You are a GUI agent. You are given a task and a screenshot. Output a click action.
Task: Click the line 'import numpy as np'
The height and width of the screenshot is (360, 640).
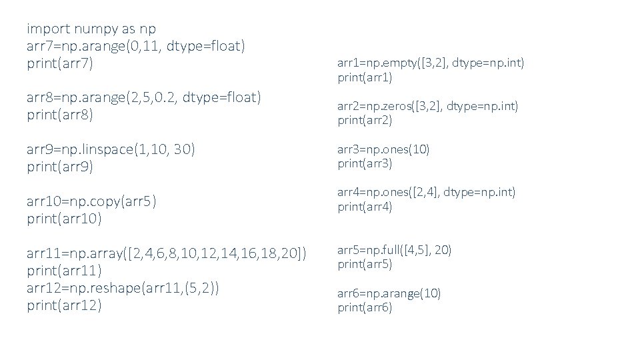pyautogui.click(x=91, y=29)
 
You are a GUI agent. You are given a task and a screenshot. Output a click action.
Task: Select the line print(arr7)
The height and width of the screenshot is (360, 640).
pyautogui.click(x=60, y=64)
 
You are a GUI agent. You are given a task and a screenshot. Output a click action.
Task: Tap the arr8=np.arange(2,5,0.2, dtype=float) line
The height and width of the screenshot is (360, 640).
pyautogui.click(x=143, y=98)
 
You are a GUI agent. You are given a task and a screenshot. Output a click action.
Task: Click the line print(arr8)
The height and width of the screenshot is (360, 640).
pyautogui.click(x=60, y=115)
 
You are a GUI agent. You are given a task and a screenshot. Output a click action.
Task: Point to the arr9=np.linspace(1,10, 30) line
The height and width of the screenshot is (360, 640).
pyautogui.click(x=111, y=149)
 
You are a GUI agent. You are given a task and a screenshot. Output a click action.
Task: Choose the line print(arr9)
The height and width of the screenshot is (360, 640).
pyautogui.click(x=60, y=167)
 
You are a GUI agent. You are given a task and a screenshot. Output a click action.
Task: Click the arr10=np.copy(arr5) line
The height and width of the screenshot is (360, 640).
pyautogui.click(x=91, y=201)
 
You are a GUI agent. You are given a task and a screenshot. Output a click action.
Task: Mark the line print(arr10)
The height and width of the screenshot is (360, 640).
pyautogui.click(x=63, y=219)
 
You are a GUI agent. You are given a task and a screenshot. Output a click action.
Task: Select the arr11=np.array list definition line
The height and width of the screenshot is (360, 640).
pyautogui.click(x=167, y=253)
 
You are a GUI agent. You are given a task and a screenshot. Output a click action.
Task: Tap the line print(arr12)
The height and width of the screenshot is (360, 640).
pyautogui.click(x=64, y=305)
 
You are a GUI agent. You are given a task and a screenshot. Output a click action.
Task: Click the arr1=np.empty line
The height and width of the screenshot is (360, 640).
pyautogui.click(x=431, y=63)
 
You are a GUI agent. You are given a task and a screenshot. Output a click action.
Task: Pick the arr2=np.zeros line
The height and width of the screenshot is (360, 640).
pyautogui.click(x=427, y=106)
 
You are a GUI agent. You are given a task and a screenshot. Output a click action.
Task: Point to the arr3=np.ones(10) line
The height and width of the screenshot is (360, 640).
pyautogui.click(x=383, y=149)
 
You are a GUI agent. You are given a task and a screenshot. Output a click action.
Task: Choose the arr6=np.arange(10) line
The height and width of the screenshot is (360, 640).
pyautogui.click(x=389, y=293)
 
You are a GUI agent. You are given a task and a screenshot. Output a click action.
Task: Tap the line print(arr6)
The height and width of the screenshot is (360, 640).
pyautogui.click(x=365, y=307)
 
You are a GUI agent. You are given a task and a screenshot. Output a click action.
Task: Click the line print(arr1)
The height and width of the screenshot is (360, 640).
pyautogui.click(x=365, y=77)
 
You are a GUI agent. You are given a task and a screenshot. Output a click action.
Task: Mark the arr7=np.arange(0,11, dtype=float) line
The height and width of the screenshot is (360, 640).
pyautogui.click(x=136, y=46)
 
